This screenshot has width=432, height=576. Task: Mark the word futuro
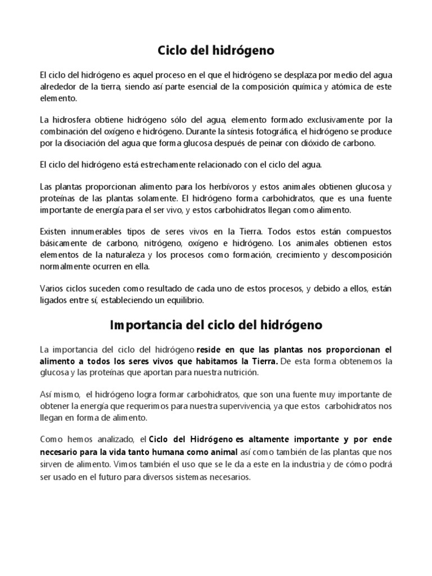point(119,476)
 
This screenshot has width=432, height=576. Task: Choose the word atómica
point(349,86)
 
